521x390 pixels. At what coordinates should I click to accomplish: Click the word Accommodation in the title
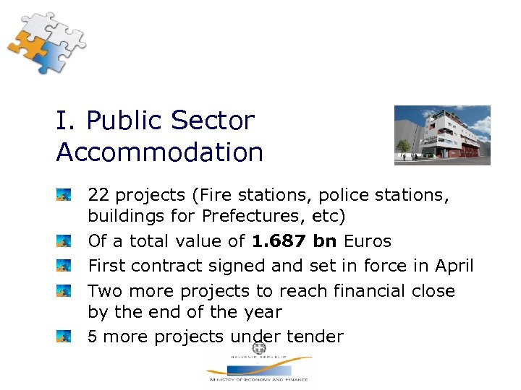159,152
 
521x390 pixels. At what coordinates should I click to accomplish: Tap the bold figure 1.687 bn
295,241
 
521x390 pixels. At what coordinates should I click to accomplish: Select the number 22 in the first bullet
98,195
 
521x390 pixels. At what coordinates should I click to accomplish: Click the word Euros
367,241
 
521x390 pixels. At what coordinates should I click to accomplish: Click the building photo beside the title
441,135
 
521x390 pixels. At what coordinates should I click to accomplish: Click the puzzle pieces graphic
45,43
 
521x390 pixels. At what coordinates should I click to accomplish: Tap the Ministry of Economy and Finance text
258,379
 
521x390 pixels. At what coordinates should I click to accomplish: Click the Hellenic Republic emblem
258,348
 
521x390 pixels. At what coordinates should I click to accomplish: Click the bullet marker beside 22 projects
65,195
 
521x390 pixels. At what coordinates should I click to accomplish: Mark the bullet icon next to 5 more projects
65,337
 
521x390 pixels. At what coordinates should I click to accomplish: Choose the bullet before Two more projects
65,291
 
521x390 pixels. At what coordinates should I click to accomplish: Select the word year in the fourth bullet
264,313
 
